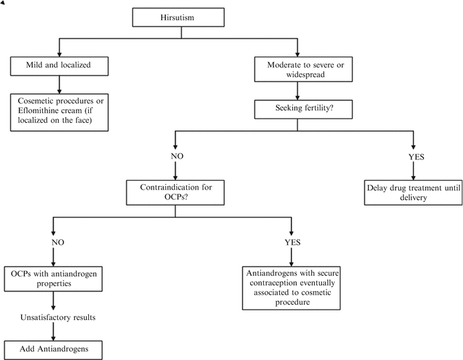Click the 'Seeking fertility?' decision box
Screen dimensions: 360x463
point(297,108)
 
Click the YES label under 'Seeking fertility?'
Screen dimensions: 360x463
point(415,157)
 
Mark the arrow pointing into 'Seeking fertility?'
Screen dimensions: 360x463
point(297,93)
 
